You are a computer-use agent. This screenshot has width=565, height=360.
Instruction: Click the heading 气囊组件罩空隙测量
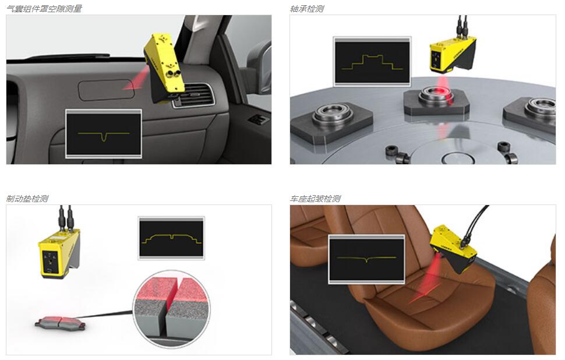[x=44, y=9]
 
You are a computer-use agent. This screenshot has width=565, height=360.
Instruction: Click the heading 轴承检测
[x=307, y=9]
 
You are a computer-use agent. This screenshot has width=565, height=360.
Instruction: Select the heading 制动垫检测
[x=27, y=199]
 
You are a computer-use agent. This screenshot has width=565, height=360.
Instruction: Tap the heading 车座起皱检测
[x=315, y=199]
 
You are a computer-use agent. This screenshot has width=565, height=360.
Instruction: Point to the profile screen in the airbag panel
[x=104, y=134]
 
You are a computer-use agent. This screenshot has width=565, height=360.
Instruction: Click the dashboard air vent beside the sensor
[x=193, y=96]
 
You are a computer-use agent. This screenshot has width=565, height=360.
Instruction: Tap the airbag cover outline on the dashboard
[x=106, y=90]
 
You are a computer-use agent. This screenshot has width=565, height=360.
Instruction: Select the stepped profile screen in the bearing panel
[x=372, y=62]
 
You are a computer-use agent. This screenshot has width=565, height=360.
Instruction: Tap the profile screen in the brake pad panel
[x=171, y=238]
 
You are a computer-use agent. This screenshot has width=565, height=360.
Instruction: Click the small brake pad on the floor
[x=61, y=323]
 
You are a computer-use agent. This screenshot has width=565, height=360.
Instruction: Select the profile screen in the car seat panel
[x=366, y=259]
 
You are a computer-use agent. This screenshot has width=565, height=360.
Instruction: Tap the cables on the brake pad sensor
[x=66, y=217]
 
